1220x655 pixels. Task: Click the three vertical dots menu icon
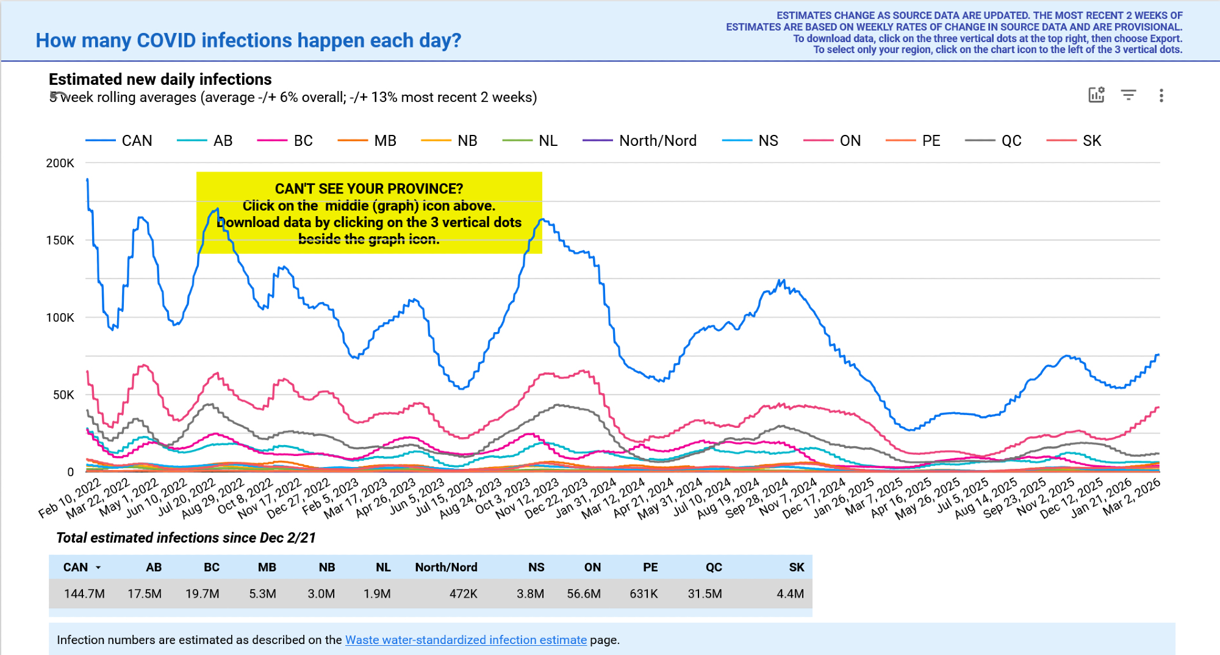(x=1161, y=95)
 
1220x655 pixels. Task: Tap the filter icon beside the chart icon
(x=1128, y=95)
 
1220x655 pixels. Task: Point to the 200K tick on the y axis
(x=60, y=163)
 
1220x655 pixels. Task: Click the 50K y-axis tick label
(x=63, y=395)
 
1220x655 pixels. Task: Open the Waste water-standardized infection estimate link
(x=465, y=640)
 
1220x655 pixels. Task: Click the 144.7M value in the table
(x=84, y=593)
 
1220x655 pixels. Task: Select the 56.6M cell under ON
(x=583, y=593)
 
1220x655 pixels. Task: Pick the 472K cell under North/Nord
(x=463, y=593)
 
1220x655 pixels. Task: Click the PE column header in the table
(x=650, y=567)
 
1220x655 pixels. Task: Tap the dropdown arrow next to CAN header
(x=98, y=568)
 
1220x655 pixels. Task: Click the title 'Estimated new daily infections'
(x=160, y=79)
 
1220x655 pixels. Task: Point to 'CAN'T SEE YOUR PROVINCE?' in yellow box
(x=368, y=189)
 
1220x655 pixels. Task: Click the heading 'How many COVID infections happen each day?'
(x=248, y=40)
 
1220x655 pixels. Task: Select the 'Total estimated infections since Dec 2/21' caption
(x=185, y=538)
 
